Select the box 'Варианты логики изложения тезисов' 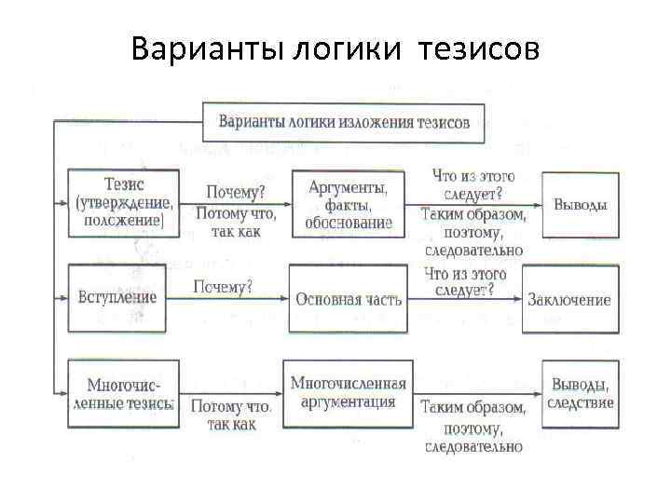click(x=344, y=122)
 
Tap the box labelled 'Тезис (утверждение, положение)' click(x=122, y=202)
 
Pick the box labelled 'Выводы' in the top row click(x=580, y=205)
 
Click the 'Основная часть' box click(x=349, y=299)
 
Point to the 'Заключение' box click(x=569, y=299)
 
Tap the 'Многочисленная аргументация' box click(x=348, y=393)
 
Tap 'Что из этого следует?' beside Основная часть click(x=464, y=282)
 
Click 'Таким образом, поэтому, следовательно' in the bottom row click(x=472, y=427)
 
